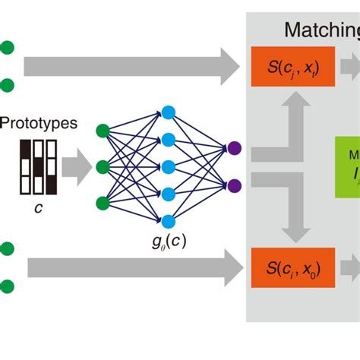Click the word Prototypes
39,122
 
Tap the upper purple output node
234,149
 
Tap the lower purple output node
234,185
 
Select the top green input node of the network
103,131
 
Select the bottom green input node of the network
103,203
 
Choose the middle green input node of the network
103,167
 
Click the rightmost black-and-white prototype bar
52,166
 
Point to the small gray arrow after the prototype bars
77,167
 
